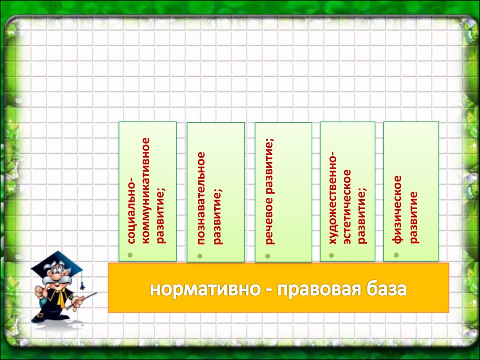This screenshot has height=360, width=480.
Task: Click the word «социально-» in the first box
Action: coord(131,210)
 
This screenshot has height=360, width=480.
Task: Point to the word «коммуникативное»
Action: coord(146,190)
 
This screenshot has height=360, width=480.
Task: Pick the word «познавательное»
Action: coord(201,198)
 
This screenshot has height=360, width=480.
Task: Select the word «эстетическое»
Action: coord(347,207)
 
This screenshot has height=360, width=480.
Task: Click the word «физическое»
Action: coord(397,210)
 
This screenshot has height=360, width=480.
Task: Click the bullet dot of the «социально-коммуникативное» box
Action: coord(130,255)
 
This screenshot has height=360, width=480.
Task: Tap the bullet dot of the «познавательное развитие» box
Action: coord(200,256)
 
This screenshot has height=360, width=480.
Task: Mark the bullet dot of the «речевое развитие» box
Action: coord(268,256)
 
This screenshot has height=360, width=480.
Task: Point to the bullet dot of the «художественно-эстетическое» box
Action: coord(331,255)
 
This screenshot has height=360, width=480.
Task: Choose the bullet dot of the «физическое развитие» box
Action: coord(396,255)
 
